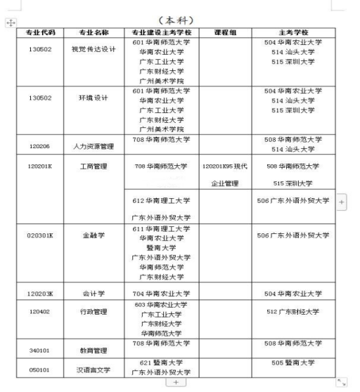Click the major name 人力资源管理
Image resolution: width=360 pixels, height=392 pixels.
pos(91,148)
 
